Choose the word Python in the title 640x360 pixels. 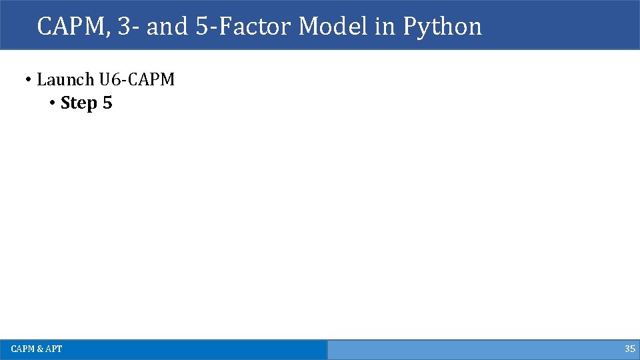pos(442,27)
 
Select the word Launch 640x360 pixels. pos(65,80)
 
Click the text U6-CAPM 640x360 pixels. pos(137,80)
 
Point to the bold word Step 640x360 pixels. pos(78,104)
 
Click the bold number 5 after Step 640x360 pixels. pos(107,104)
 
